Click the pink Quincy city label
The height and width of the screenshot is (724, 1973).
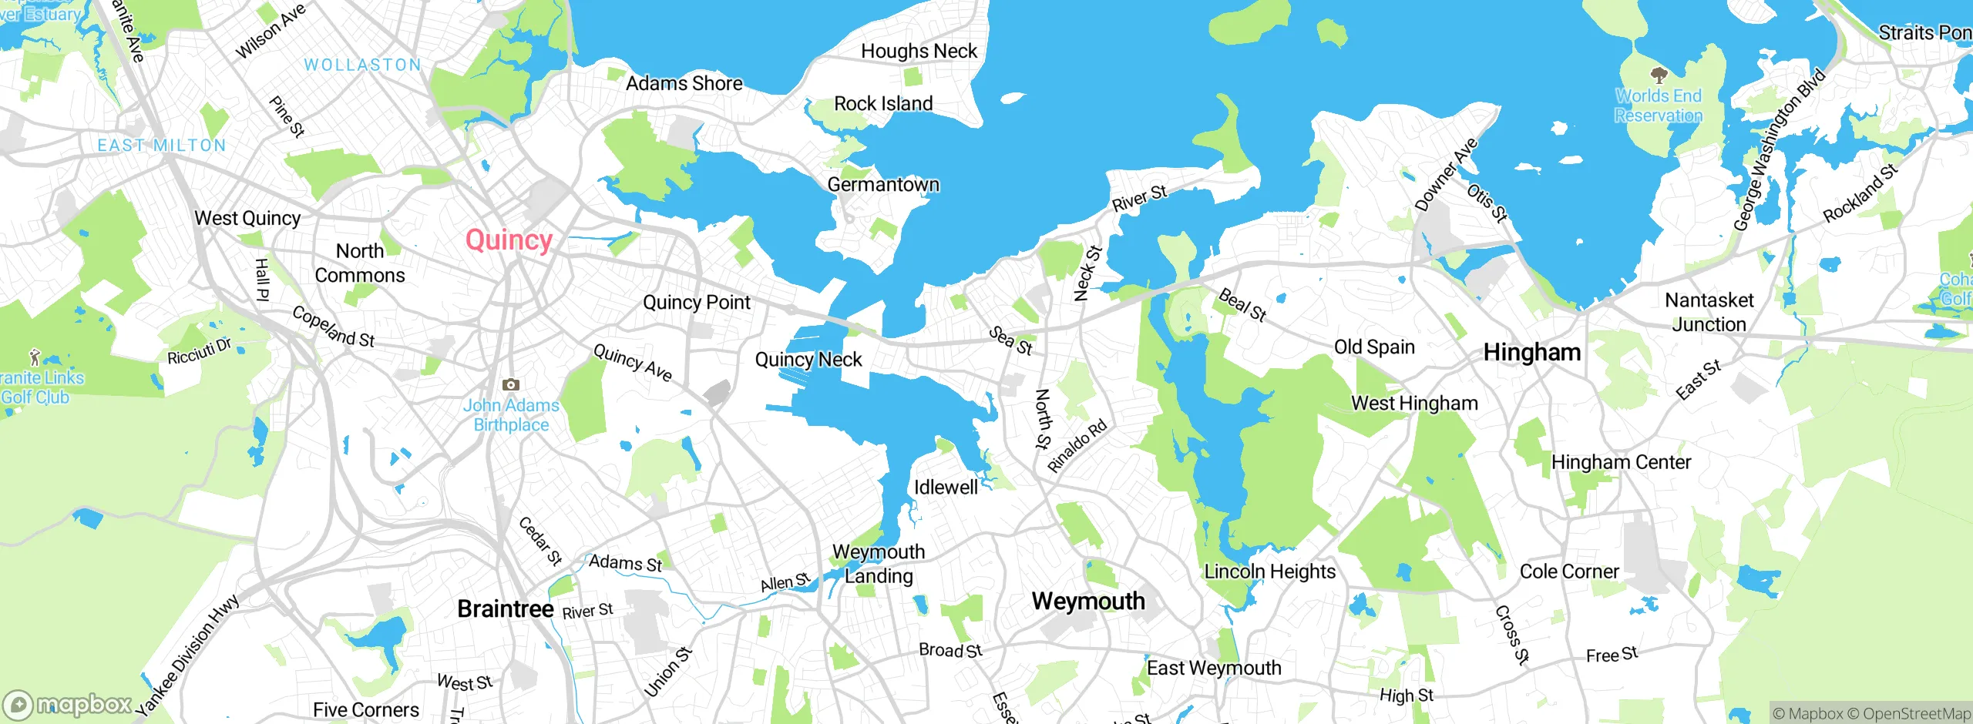[509, 240]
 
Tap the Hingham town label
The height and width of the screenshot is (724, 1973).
[1531, 353]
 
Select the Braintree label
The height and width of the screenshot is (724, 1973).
[505, 609]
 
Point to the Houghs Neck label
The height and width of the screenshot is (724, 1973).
[918, 52]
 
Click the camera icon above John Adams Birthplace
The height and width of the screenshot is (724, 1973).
[510, 384]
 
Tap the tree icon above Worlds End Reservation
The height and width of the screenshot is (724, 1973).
[1659, 75]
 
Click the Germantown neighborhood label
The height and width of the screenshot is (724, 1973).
[883, 185]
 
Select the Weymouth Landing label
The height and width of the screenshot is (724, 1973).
[879, 564]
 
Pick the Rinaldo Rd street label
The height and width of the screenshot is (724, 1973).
[1077, 446]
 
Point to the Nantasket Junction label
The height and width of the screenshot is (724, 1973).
[1709, 312]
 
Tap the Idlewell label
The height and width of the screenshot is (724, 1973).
[946, 488]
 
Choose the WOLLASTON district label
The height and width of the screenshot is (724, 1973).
[362, 65]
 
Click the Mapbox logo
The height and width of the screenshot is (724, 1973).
[68, 705]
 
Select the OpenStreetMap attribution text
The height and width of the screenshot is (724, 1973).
[1915, 714]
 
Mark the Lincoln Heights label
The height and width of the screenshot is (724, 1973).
[1269, 571]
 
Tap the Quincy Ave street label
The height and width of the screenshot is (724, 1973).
[632, 363]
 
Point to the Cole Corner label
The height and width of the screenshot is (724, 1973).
[1568, 571]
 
